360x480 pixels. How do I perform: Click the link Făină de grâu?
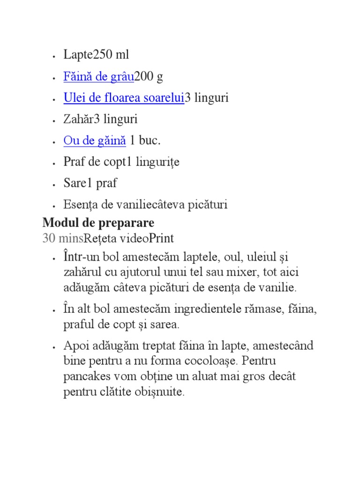98,76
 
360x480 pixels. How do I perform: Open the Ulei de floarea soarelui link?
124,98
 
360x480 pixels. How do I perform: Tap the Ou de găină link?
95,140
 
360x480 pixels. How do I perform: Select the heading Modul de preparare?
98,222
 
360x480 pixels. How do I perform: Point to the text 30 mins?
62,238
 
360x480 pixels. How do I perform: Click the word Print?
161,238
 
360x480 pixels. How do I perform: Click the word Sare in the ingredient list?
73,183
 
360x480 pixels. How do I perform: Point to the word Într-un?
78,257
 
